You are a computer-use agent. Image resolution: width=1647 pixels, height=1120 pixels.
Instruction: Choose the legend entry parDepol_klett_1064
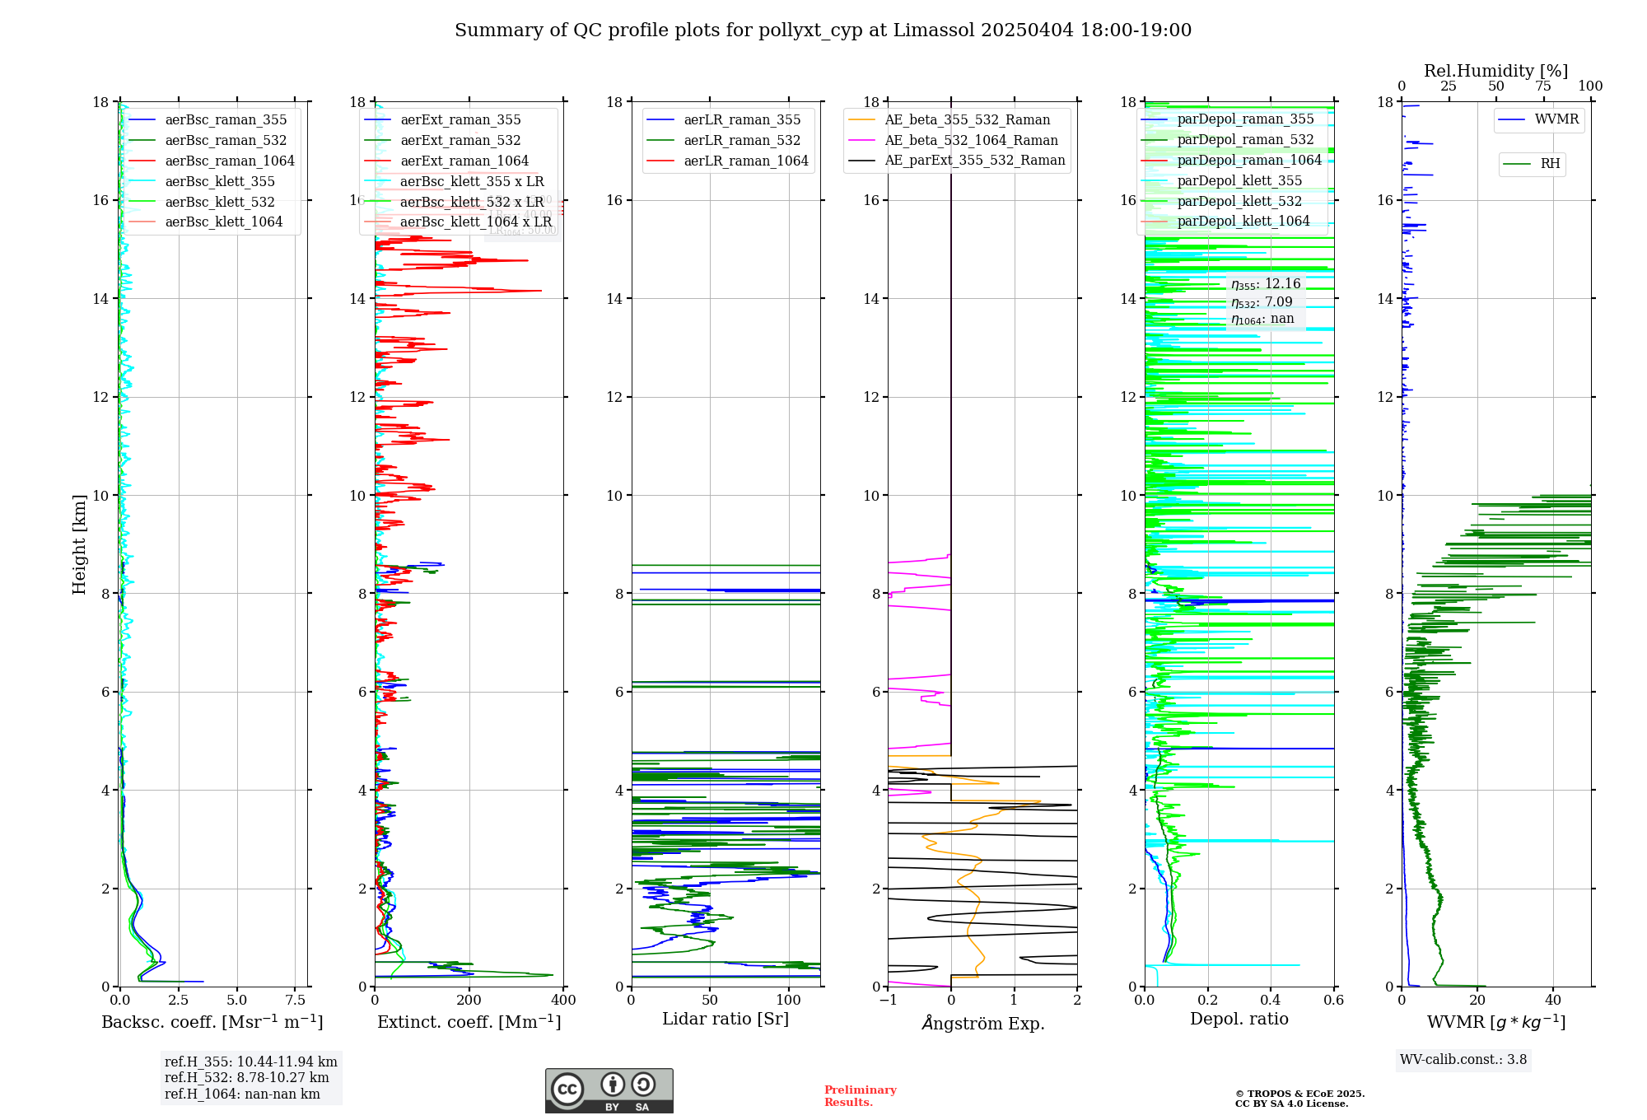coord(1243,221)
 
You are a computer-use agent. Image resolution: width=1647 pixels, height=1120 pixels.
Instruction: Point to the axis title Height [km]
coord(79,544)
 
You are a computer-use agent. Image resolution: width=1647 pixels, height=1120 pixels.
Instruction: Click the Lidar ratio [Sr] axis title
coord(726,1019)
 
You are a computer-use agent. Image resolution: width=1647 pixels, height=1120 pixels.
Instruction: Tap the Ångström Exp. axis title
coord(982,1023)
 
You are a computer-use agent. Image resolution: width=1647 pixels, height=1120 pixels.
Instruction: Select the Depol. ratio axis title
coord(1239,1019)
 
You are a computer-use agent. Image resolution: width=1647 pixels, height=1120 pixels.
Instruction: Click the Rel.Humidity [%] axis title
coord(1495,71)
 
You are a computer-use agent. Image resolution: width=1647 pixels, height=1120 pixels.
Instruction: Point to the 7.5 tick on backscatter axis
coord(296,1000)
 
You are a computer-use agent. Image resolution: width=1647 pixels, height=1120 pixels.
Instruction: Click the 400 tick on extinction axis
coord(563,1000)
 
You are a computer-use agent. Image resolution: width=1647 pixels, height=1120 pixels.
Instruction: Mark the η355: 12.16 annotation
coord(1266,284)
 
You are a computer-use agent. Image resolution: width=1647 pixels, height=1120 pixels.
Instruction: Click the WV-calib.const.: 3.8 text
coord(1463,1060)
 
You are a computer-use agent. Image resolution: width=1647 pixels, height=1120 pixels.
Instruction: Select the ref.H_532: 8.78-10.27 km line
coord(246,1078)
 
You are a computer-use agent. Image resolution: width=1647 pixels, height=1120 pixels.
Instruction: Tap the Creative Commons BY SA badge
coord(609,1091)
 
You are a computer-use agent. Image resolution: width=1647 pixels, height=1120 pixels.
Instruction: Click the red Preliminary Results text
coord(860,1096)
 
